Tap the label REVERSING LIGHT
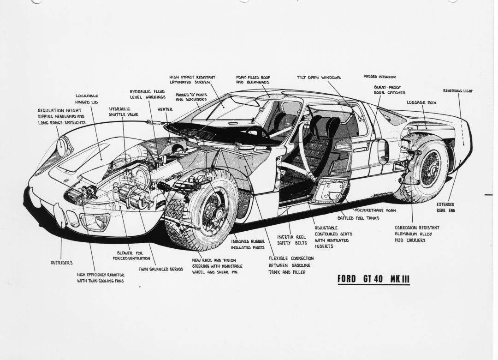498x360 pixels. (x=458, y=91)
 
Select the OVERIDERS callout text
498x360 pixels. (x=61, y=263)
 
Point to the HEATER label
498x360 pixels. (x=165, y=109)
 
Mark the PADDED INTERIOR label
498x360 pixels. (x=379, y=77)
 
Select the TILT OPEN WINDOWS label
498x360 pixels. (x=319, y=77)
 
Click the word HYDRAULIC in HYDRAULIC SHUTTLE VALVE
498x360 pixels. (x=119, y=109)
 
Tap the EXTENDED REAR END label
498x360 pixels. (x=445, y=207)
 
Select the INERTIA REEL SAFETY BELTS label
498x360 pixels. (x=291, y=239)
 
